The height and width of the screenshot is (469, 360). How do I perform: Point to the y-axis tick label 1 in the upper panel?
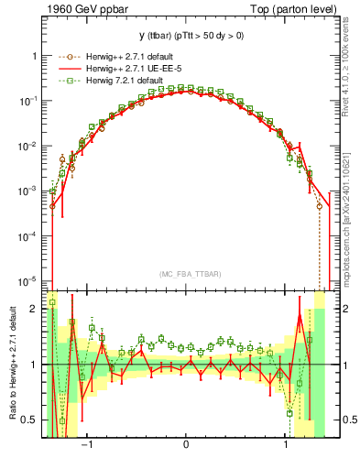pos(37,56)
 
